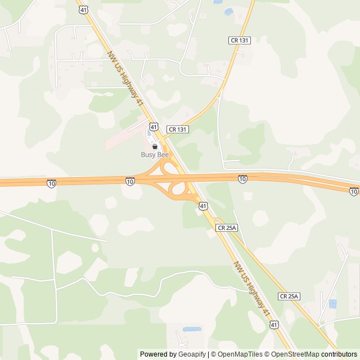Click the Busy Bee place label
(x=155, y=154)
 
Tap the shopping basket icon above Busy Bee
(x=155, y=146)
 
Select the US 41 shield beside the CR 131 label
(x=154, y=127)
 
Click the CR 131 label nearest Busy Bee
(x=177, y=129)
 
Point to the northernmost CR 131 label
(x=239, y=40)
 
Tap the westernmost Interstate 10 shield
(x=51, y=183)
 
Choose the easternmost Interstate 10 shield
(x=353, y=192)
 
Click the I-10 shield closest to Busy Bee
(x=130, y=181)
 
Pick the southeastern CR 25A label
(x=289, y=296)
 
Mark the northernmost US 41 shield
(x=83, y=10)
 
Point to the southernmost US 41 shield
(x=274, y=325)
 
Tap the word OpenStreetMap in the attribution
(x=292, y=354)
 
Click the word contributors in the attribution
(x=339, y=354)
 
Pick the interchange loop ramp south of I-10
(x=178, y=190)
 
